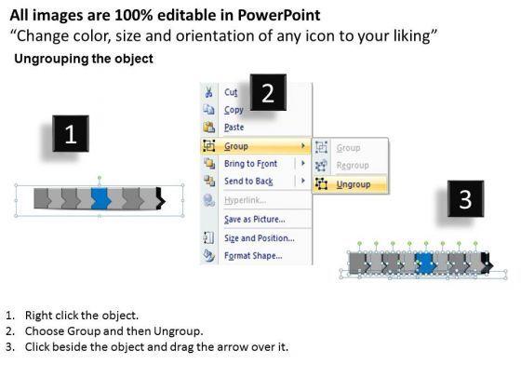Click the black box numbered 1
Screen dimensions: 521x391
71,134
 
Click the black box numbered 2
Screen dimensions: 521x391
268,92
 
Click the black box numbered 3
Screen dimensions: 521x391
465,199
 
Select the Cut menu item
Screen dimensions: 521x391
231,92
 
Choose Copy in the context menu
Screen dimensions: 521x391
234,110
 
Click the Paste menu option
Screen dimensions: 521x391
234,127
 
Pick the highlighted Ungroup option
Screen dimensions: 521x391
354,184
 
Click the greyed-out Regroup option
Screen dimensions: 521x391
353,166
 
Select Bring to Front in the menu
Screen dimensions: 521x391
250,164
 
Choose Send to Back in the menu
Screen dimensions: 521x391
248,182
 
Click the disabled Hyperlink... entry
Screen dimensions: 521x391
245,200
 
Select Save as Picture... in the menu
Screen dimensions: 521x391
255,219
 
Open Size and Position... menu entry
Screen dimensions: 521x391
260,238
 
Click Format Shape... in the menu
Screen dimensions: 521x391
253,256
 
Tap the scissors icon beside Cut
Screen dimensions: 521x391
208,92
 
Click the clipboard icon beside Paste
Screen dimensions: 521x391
209,127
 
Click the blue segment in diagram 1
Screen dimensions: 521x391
100,199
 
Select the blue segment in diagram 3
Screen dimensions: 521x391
426,263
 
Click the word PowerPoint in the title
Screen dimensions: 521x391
279,15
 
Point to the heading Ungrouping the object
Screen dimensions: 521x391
84,59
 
